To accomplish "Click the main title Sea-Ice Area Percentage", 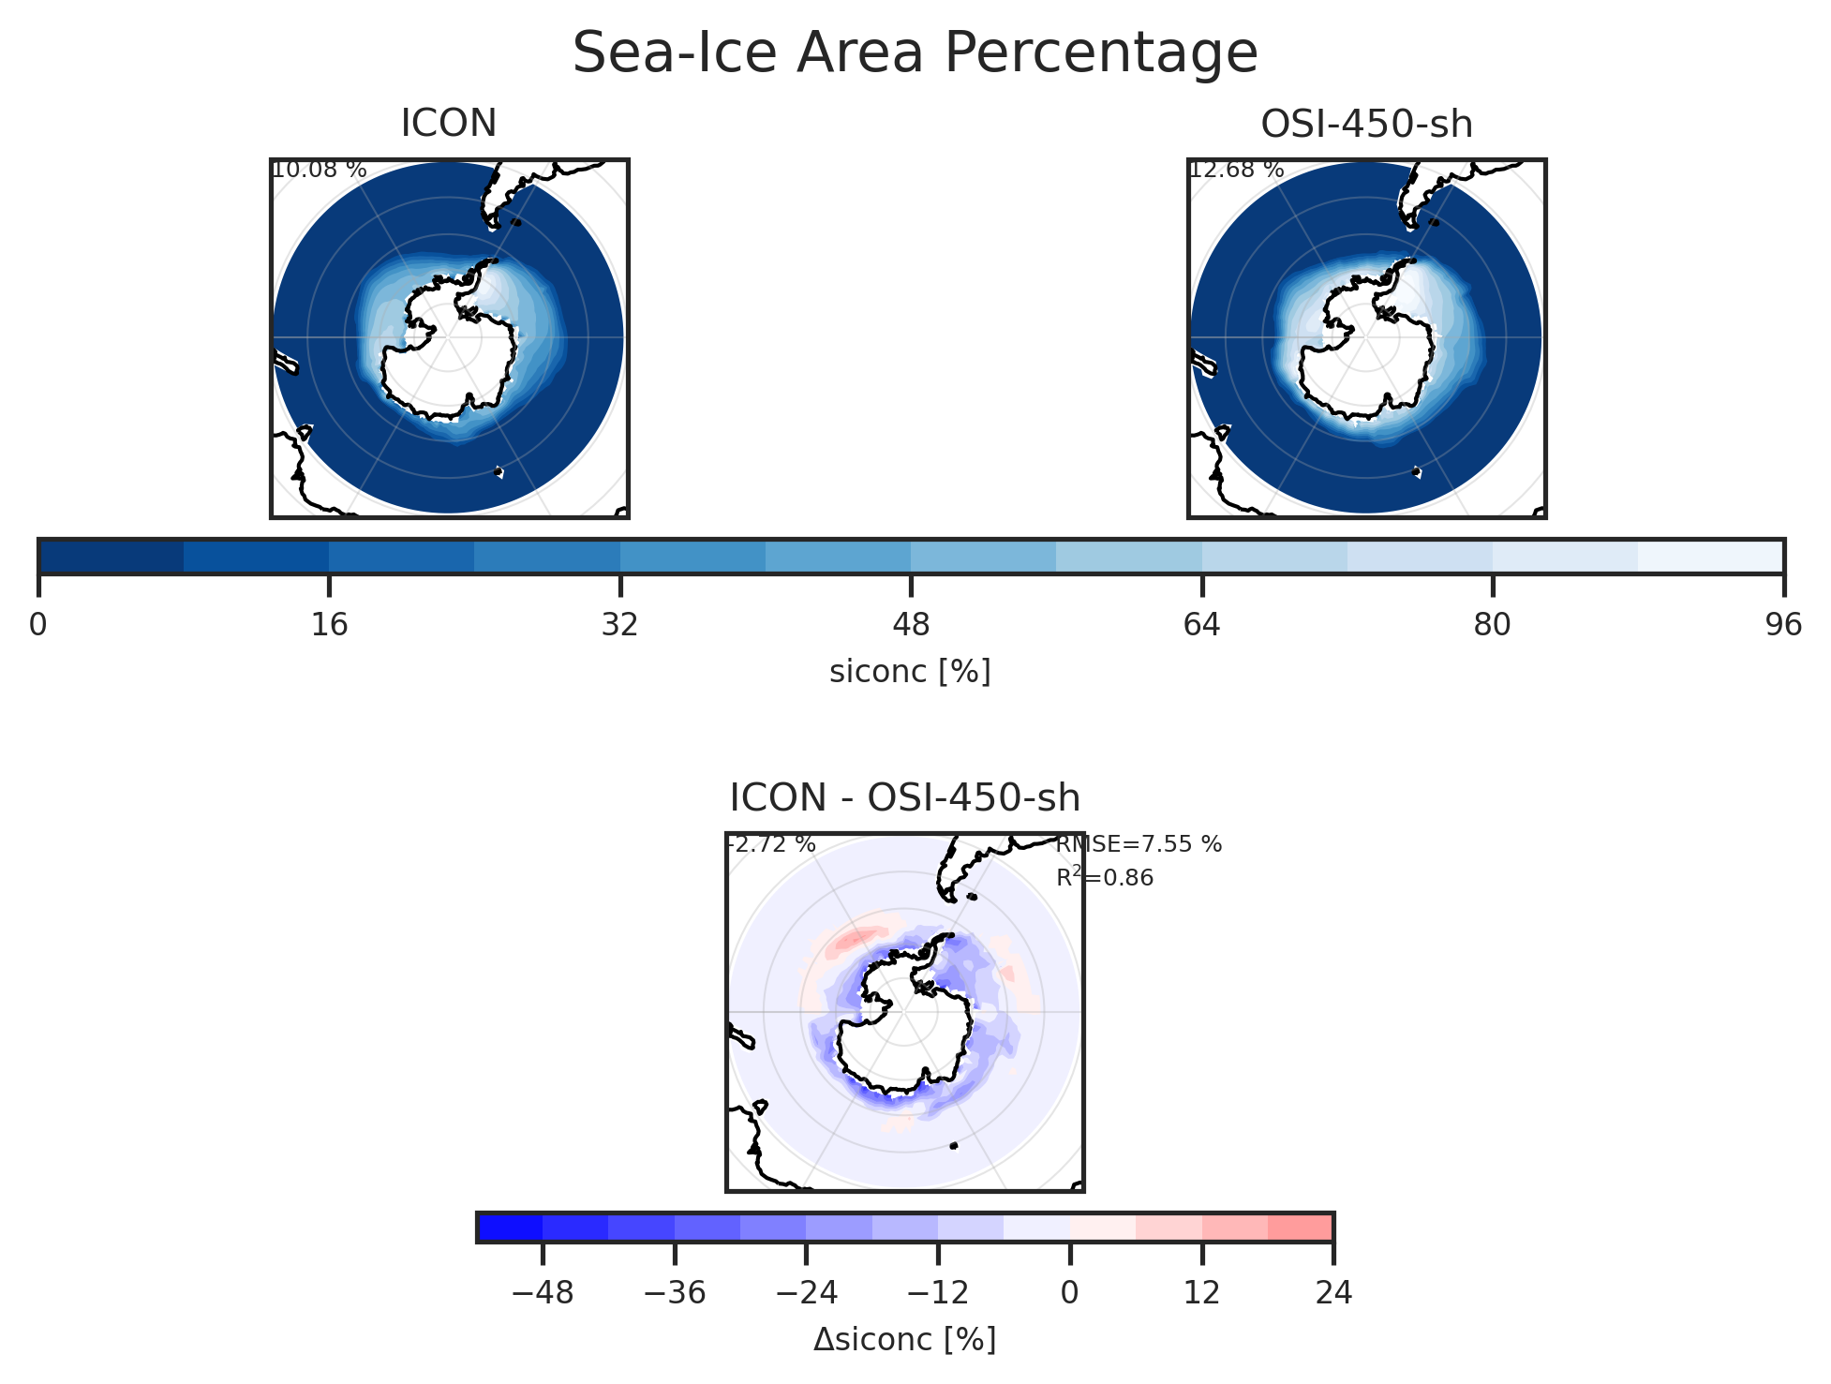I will [x=915, y=53].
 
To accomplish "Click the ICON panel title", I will [x=448, y=124].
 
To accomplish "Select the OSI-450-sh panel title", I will [x=1366, y=124].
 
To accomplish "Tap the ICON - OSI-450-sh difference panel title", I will [x=904, y=797].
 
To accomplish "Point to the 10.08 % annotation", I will [x=319, y=171].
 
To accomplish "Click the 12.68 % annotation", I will [x=1236, y=171].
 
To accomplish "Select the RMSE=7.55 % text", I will [x=1139, y=844].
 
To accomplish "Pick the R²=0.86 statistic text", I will [x=1105, y=878].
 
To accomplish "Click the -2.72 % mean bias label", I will [x=772, y=844].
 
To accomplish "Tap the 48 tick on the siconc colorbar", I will [x=911, y=624].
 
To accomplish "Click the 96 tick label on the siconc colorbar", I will [x=1782, y=624].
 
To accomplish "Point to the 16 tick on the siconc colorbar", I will [x=329, y=624].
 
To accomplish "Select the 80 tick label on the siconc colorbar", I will [x=1492, y=624].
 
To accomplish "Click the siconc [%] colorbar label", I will [x=910, y=672].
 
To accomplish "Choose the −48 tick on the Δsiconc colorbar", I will [x=543, y=1293].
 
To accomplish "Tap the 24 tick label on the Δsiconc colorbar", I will [x=1332, y=1293].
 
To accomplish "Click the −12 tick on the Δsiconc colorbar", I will [x=938, y=1293].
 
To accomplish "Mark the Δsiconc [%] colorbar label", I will [x=904, y=1340].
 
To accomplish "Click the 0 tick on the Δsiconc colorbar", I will [x=1069, y=1293].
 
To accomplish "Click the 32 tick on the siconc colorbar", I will [x=619, y=624].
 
